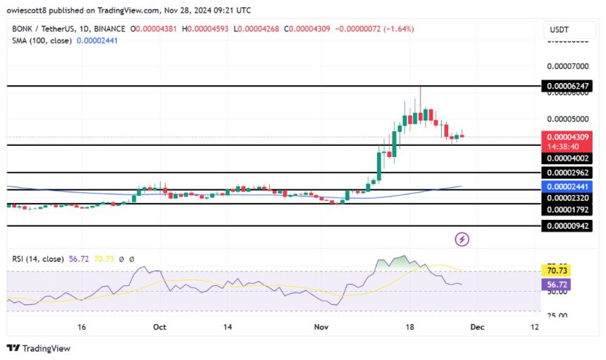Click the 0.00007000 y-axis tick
(569, 66)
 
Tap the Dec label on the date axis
(476, 327)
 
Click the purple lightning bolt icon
(462, 240)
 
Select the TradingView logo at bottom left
(39, 348)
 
